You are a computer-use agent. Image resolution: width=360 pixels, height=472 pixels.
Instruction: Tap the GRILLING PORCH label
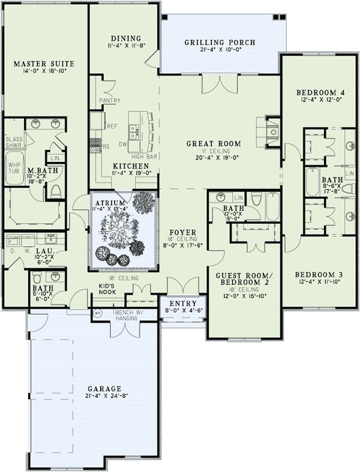click(220, 43)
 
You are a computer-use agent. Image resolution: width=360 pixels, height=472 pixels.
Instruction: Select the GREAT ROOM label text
click(214, 143)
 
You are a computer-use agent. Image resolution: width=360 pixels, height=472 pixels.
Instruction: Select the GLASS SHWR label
click(13, 142)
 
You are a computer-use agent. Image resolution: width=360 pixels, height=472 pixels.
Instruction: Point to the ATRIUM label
click(110, 204)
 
